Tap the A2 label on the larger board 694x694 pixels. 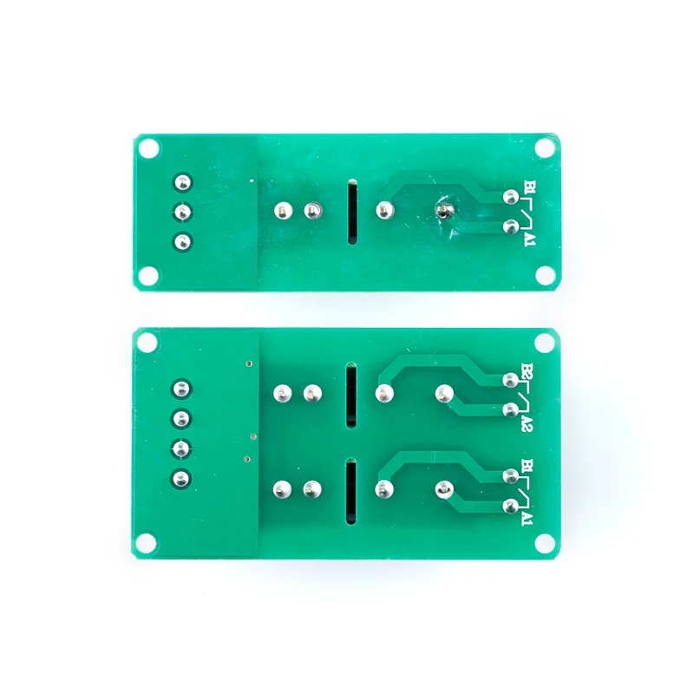(527, 424)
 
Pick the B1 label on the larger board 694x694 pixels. (527, 468)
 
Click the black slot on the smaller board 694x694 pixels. (351, 213)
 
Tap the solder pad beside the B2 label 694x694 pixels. (509, 379)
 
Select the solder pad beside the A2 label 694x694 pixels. (509, 409)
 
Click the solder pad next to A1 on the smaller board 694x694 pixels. (510, 227)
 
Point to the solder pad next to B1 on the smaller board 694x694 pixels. (510, 197)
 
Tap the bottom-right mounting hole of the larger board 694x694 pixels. (545, 544)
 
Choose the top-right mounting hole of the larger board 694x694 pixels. (545, 342)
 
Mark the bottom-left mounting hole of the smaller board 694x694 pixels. (149, 276)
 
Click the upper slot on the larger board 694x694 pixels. (350, 396)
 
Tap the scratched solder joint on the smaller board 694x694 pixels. (445, 210)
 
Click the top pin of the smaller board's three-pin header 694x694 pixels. (182, 182)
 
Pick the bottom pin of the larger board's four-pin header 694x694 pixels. (181, 476)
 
